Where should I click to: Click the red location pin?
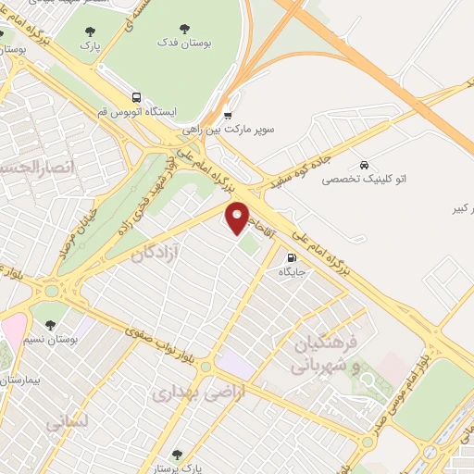click(239, 217)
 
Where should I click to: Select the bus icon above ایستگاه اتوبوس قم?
click(136, 96)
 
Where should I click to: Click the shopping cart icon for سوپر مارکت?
click(228, 115)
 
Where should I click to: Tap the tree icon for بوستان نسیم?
click(51, 324)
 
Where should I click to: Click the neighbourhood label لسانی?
click(66, 421)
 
